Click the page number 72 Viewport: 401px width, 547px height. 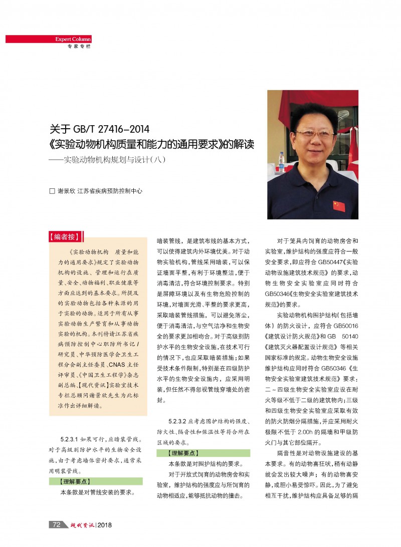coord(56,524)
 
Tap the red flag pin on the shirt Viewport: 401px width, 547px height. coord(339,206)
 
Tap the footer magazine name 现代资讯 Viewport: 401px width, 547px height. coord(79,525)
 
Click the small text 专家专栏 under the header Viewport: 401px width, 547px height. coord(79,47)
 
